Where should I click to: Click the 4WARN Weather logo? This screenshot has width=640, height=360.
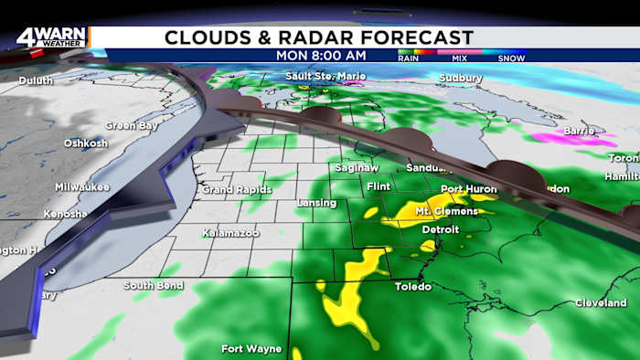point(52,37)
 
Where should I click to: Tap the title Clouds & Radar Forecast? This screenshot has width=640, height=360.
point(319,37)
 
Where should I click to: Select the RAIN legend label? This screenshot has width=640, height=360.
point(408,58)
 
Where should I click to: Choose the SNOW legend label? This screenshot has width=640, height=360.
point(510,58)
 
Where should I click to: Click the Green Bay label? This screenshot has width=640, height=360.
point(126,125)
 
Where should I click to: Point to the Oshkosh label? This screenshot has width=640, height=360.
point(86,143)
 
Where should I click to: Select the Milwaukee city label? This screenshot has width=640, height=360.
point(82,186)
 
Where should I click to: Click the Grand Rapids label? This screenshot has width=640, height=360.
point(237,189)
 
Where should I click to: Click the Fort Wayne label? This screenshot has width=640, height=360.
point(250,348)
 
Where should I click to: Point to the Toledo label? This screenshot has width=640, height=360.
point(412,286)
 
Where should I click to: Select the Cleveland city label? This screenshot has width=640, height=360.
point(601,302)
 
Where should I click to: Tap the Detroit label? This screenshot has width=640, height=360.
point(441,229)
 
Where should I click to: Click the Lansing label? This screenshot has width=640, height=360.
point(318,202)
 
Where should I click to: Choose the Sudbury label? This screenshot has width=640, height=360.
point(460,79)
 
